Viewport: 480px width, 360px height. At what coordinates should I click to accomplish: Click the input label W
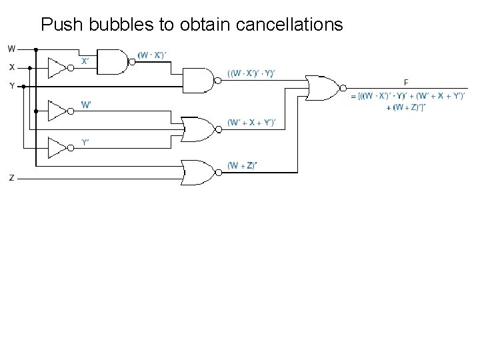pyautogui.click(x=12, y=49)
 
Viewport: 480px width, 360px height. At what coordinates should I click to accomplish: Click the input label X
pyautogui.click(x=12, y=67)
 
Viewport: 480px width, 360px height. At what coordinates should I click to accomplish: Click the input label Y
pyautogui.click(x=12, y=85)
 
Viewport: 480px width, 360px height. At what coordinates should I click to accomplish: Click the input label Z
pyautogui.click(x=12, y=177)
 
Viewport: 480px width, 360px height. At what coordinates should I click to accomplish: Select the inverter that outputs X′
pyautogui.click(x=57, y=67)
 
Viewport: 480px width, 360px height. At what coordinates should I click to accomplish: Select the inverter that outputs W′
pyautogui.click(x=57, y=109)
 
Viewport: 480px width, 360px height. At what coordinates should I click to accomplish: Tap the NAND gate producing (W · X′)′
pyautogui.click(x=114, y=61)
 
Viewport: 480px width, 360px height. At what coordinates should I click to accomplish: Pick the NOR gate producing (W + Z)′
pyautogui.click(x=199, y=172)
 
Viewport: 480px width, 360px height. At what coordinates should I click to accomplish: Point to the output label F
pyautogui.click(x=405, y=82)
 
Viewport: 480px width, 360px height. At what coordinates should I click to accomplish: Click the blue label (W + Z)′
pyautogui.click(x=241, y=165)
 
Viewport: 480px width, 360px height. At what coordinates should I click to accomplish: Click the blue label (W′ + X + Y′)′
pyautogui.click(x=251, y=123)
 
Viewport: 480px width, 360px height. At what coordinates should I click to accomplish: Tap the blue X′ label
pyautogui.click(x=85, y=60)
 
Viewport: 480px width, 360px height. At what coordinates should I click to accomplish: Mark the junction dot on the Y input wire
pyautogui.click(x=23, y=86)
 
